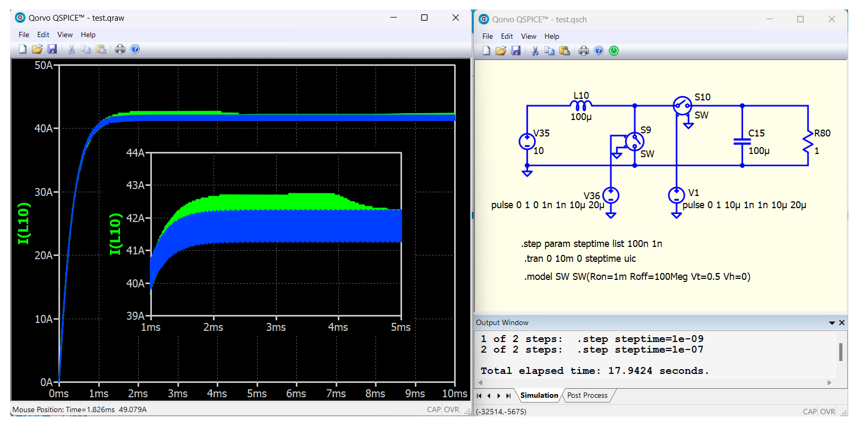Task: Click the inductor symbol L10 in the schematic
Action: (x=581, y=105)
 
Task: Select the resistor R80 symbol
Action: (x=808, y=142)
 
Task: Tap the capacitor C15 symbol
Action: (x=742, y=142)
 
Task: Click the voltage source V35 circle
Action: (x=527, y=142)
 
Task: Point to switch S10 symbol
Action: (x=682, y=105)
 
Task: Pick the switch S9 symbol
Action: (x=635, y=142)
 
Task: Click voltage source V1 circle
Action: (x=676, y=195)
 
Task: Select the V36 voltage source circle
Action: (x=611, y=195)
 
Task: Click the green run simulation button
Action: (x=614, y=51)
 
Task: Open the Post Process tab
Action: (x=587, y=396)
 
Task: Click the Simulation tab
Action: (x=539, y=396)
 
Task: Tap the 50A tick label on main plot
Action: (x=44, y=65)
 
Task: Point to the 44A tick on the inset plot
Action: (x=135, y=153)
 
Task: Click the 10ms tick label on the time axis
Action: (x=455, y=394)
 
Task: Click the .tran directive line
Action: (x=580, y=259)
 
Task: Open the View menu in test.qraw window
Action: (x=65, y=35)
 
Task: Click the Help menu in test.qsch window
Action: (x=551, y=36)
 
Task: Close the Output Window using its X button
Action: (x=842, y=323)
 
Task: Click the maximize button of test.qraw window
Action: (x=424, y=18)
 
